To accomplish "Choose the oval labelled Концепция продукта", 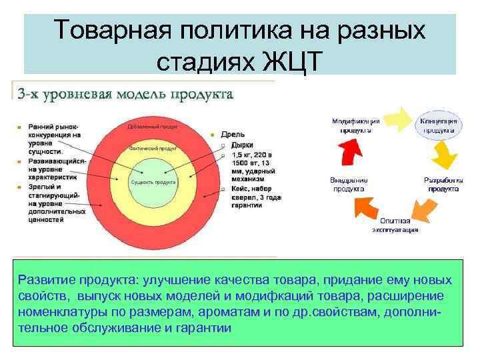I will tap(437, 126).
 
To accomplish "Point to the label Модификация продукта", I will tap(356, 125).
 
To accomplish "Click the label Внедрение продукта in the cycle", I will tap(349, 184).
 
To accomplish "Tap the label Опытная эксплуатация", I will tap(395, 225).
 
